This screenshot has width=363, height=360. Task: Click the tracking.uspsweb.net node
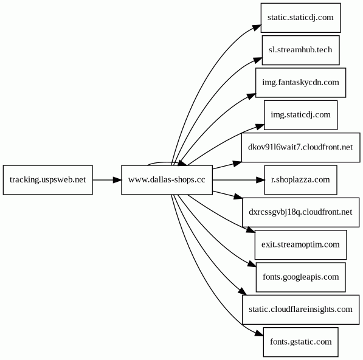click(47, 180)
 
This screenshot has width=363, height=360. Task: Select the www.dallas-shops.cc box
click(167, 180)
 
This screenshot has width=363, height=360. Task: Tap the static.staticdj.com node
click(300, 18)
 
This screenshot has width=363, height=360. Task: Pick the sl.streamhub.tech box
click(300, 50)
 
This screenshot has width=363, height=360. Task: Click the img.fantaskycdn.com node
click(300, 83)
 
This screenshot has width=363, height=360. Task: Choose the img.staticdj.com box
click(300, 115)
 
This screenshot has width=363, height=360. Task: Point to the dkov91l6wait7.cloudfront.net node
click(300, 148)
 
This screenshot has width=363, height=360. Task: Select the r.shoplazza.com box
click(300, 180)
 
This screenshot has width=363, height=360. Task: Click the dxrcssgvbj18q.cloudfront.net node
click(300, 212)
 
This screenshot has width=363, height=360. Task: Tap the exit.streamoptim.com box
click(300, 244)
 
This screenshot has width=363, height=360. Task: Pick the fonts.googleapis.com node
click(300, 277)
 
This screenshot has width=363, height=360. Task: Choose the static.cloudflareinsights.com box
click(300, 310)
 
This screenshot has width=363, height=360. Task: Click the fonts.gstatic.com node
click(300, 342)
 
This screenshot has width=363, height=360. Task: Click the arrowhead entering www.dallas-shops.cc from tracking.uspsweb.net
click(117, 180)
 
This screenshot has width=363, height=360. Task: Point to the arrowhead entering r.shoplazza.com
click(260, 180)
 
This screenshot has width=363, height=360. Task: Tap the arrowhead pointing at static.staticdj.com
click(257, 27)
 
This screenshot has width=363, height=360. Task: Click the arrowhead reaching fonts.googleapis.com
click(252, 264)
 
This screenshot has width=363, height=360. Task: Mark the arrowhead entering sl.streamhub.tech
click(258, 60)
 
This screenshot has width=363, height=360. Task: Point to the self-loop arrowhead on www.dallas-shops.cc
click(182, 164)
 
